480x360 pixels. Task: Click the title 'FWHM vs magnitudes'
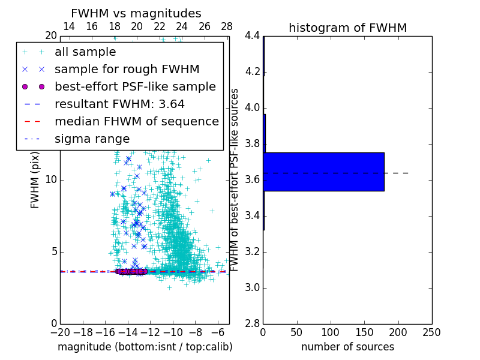136,14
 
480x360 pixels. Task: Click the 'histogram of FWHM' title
347,28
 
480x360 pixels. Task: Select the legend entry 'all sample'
85,52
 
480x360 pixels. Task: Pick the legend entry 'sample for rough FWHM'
127,70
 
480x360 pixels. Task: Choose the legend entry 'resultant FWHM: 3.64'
119,104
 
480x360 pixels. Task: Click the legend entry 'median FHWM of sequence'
136,121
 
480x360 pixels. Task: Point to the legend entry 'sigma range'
92,139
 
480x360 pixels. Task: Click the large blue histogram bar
323,172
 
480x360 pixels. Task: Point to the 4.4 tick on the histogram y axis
252,36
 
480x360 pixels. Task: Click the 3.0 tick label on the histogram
252,288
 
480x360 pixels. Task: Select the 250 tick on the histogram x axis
431,332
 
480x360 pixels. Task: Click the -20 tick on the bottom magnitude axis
60,332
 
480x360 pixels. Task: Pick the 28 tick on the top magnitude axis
227,26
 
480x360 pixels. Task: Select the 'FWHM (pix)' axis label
35,180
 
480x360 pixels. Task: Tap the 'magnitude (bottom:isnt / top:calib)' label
145,347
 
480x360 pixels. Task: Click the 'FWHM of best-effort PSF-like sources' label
235,180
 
